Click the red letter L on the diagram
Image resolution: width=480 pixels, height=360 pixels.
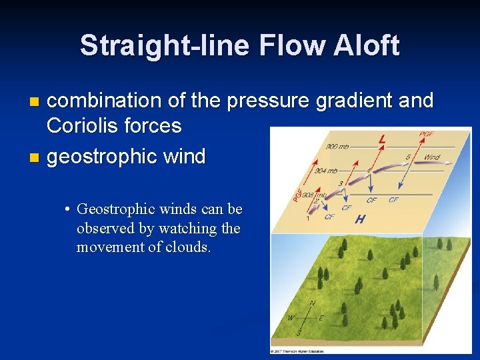click(x=381, y=140)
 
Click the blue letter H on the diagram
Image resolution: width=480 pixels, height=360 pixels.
click(x=360, y=219)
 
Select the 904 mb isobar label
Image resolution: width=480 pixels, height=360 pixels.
click(x=326, y=171)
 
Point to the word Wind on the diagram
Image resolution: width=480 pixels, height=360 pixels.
click(x=432, y=158)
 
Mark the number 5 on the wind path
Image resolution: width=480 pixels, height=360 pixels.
click(x=408, y=157)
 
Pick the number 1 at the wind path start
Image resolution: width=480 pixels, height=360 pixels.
click(x=307, y=219)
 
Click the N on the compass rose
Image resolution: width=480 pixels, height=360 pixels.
click(x=313, y=304)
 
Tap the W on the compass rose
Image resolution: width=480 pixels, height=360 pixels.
click(x=291, y=318)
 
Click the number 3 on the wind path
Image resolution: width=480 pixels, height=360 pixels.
click(x=341, y=183)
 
